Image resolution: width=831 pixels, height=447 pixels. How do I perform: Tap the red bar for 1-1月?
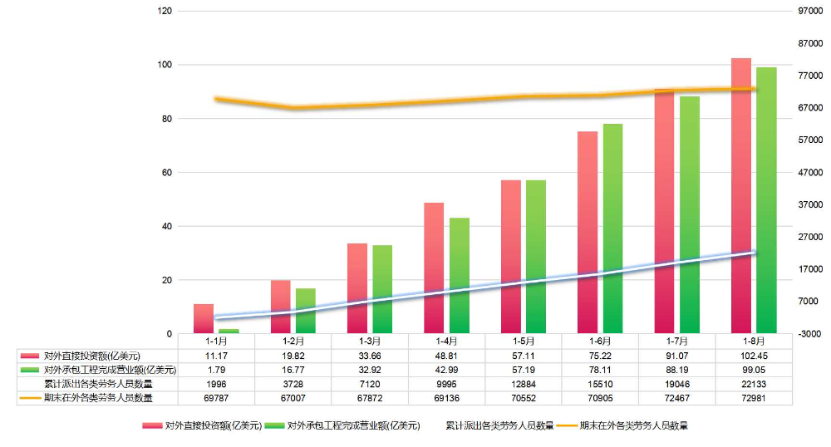[204, 319]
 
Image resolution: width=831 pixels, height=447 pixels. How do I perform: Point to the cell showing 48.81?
[446, 355]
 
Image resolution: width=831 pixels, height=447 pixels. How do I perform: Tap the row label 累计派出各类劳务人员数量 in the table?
[98, 383]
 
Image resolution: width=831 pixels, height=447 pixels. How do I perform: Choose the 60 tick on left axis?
[166, 172]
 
